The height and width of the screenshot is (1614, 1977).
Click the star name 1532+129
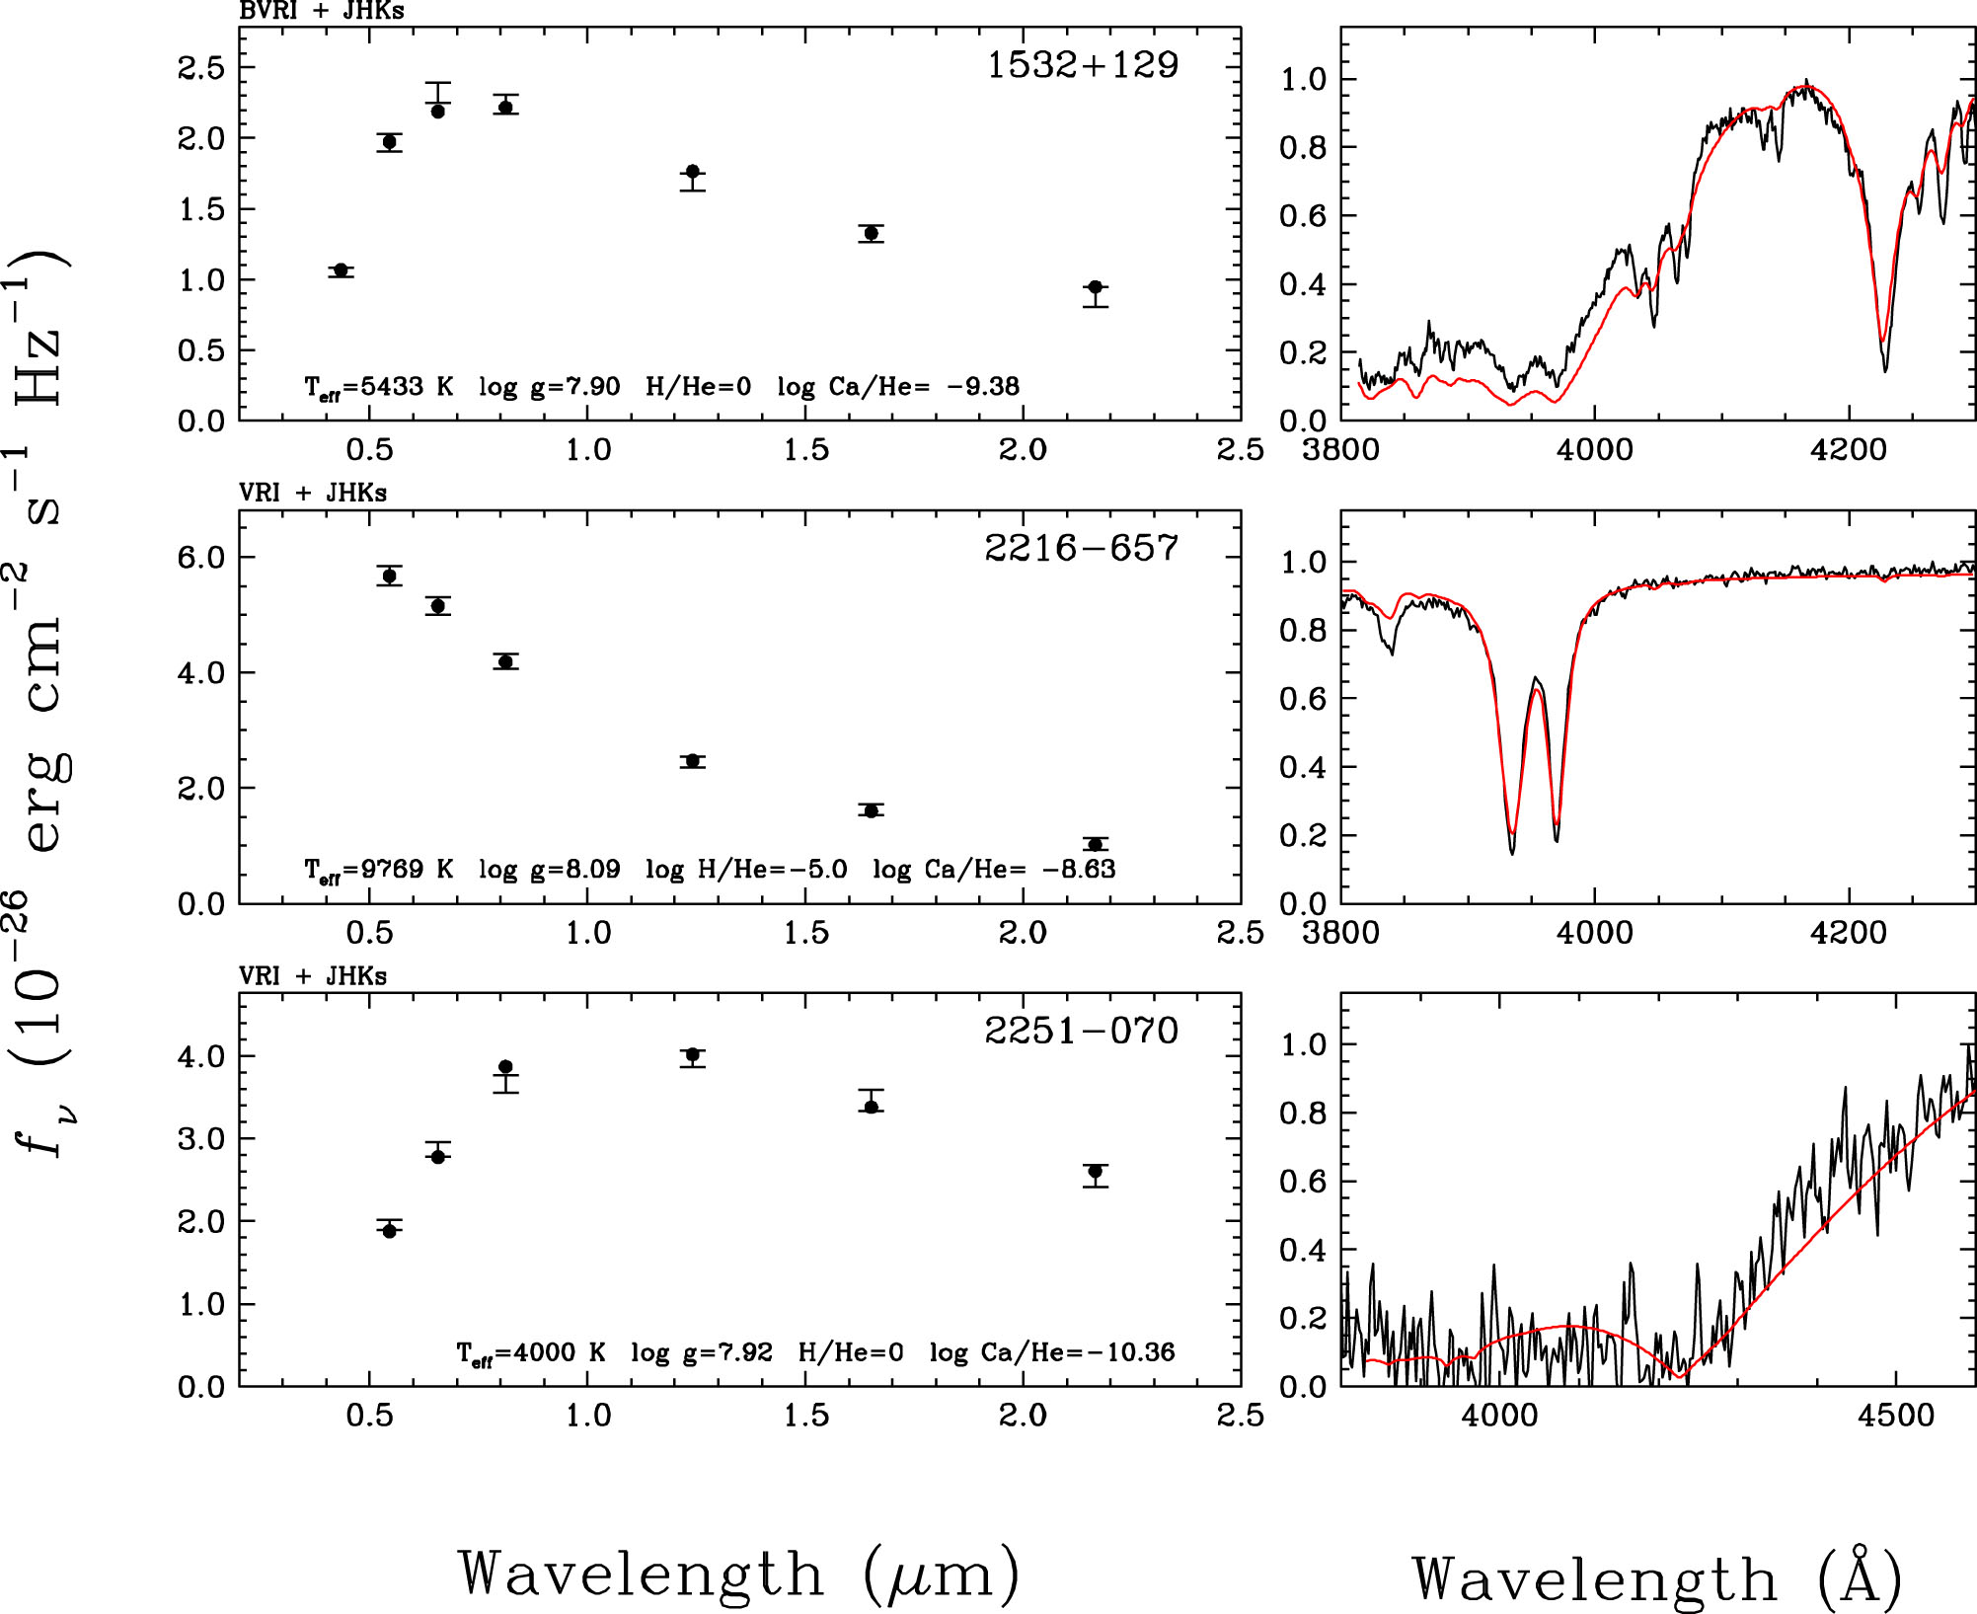pos(1083,65)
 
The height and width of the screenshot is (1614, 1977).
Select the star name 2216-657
pos(1081,548)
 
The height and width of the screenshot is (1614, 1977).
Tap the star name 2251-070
pos(1081,1031)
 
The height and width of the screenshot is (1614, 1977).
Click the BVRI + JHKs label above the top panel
pos(322,11)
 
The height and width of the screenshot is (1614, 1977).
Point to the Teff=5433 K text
pos(379,387)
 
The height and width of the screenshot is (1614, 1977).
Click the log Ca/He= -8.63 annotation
pos(994,870)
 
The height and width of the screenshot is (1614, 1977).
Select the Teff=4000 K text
pos(531,1353)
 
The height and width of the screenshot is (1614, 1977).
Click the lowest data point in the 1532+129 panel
pos(1095,287)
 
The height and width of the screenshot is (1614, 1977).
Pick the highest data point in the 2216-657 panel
pos(389,576)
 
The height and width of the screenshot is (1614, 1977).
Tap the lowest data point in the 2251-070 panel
pos(389,1231)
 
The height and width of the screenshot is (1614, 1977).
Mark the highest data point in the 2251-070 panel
pos(693,1055)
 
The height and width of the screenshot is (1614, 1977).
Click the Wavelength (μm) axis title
pos(738,1574)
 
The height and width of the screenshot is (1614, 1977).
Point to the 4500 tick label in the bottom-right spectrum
pos(1895,1416)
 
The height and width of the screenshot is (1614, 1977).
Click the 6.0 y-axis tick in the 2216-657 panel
pos(201,558)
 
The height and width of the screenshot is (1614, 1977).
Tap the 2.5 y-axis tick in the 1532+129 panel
pos(201,68)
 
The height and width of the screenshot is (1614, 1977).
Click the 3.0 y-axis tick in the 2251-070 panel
pos(201,1139)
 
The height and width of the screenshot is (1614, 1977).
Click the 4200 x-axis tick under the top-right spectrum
pos(1848,450)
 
